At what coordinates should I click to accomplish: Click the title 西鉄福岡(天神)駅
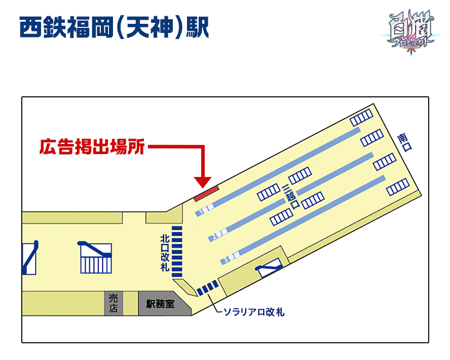[114, 28]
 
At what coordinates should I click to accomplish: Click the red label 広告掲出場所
[93, 147]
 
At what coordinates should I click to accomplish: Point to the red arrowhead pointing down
[203, 182]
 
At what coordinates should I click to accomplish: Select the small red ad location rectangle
[207, 193]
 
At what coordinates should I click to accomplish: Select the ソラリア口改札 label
[254, 312]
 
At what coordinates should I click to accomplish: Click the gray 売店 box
[113, 303]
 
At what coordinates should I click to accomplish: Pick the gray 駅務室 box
[160, 304]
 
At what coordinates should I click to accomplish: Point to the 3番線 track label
[231, 260]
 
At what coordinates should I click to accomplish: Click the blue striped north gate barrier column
[177, 251]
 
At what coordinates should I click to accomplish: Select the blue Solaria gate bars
[208, 287]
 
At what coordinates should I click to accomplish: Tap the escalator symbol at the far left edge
[30, 258]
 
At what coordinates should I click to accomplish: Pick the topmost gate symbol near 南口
[361, 118]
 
